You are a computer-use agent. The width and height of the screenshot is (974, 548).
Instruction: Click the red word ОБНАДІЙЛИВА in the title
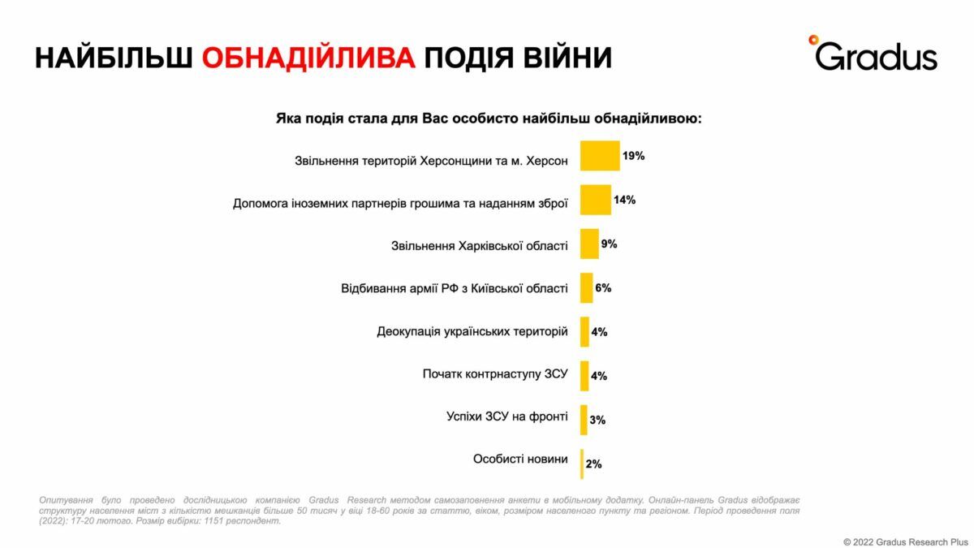[x=308, y=58]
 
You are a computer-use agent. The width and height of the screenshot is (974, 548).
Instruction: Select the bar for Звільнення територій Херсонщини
[x=600, y=156]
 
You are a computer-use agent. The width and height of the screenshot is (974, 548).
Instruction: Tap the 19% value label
[x=634, y=155]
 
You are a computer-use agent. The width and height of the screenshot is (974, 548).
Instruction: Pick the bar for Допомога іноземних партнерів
[x=595, y=200]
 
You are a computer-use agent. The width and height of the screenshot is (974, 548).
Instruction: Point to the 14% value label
[x=624, y=200]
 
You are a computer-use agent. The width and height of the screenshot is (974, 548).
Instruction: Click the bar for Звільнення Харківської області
[x=589, y=244]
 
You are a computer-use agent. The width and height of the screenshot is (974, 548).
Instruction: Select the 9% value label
[x=609, y=244]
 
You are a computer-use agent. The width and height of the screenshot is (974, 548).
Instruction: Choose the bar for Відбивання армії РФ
[x=586, y=287]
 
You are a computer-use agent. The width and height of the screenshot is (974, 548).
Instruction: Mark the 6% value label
[x=603, y=287]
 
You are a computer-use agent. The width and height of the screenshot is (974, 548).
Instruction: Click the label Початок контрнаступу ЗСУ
[x=495, y=374]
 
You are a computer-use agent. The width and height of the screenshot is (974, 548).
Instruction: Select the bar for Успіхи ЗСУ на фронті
[x=584, y=419]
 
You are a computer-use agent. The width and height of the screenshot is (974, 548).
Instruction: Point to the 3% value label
[x=597, y=420]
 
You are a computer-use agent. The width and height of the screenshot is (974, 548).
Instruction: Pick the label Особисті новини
[x=520, y=460]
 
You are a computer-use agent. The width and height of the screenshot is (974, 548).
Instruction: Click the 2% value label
[x=593, y=464]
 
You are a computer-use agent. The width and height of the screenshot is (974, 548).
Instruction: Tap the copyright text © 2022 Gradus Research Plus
[x=906, y=541]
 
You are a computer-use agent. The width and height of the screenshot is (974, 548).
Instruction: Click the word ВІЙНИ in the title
[x=559, y=58]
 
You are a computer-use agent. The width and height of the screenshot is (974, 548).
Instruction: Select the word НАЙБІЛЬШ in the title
[x=114, y=58]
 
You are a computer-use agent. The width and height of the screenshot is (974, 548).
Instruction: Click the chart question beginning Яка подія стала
[x=489, y=119]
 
